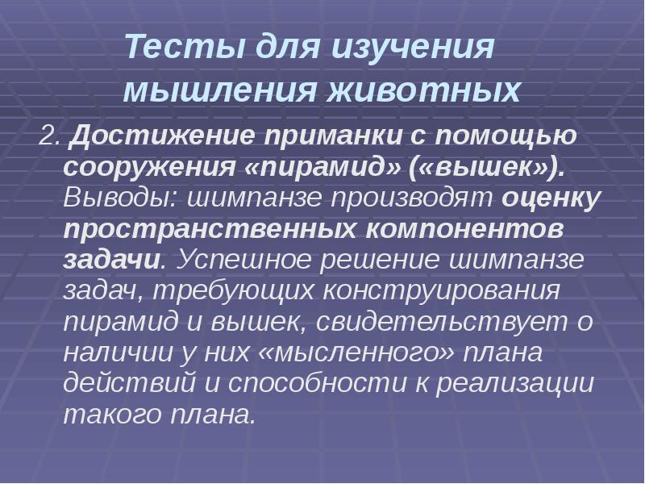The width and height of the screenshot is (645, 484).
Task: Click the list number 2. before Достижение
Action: (51, 135)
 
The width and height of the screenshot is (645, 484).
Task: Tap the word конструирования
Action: (425, 291)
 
